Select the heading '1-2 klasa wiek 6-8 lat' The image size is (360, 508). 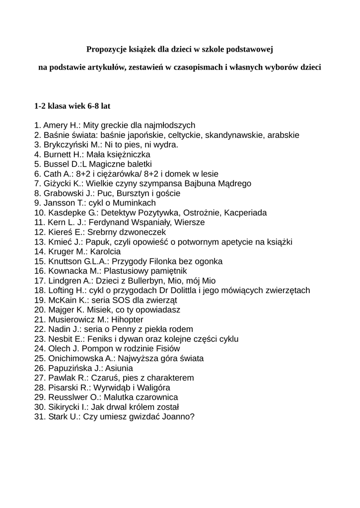point(72,106)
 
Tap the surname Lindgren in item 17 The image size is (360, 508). point(64,281)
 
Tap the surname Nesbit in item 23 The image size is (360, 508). point(61,339)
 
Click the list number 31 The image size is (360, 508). point(40,417)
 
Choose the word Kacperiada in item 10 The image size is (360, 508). point(245,213)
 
